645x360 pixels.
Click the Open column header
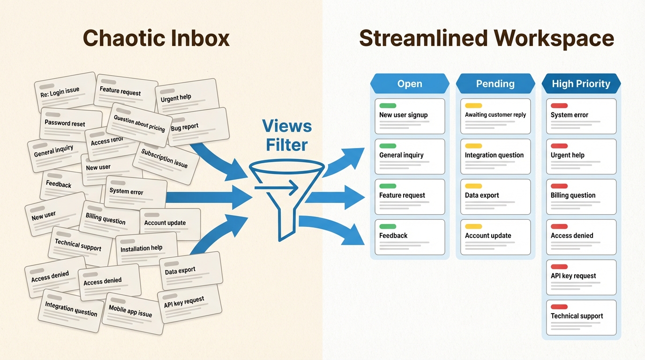(x=410, y=84)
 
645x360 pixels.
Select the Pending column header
(x=495, y=84)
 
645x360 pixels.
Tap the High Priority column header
(x=581, y=84)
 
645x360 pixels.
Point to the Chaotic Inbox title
(x=156, y=38)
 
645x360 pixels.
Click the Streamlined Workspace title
(x=486, y=38)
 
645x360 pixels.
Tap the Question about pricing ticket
(x=139, y=123)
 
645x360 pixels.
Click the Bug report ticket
(x=199, y=127)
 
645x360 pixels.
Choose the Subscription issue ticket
(x=165, y=160)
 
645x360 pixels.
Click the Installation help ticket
(x=146, y=249)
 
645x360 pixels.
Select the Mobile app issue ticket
(x=132, y=311)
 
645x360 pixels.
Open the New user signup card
(x=410, y=116)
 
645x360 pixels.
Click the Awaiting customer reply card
(x=495, y=116)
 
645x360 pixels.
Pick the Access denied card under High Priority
(x=581, y=237)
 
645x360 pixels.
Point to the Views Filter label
(x=286, y=135)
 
